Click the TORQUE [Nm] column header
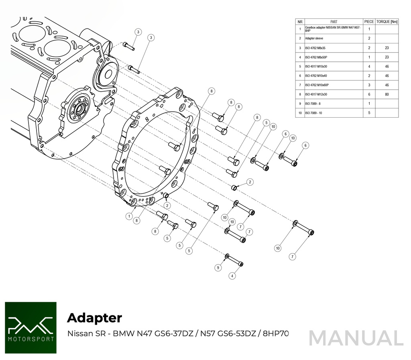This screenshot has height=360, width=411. click(387, 22)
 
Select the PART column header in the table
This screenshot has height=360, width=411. click(334, 22)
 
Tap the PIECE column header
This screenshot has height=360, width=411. click(369, 22)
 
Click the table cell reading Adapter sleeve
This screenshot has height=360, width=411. click(314, 38)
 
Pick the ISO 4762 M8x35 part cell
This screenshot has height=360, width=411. click(315, 48)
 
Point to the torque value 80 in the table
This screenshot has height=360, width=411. click(387, 94)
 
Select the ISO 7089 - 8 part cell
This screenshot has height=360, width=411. click(313, 104)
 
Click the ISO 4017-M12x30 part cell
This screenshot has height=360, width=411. click(317, 94)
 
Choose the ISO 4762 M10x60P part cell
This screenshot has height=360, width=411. click(317, 85)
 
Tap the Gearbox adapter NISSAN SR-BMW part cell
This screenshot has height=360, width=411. click(333, 29)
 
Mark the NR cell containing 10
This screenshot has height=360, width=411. click(300, 113)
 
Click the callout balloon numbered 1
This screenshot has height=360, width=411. click(129, 217)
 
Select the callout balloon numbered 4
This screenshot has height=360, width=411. click(232, 276)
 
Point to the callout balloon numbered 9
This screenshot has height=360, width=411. click(218, 268)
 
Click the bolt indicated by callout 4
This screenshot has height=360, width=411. click(235, 261)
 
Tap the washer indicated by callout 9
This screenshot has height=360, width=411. click(227, 256)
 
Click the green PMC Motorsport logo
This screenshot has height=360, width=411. click(31, 328)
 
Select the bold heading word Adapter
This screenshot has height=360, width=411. click(95, 318)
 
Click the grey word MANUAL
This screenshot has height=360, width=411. click(356, 338)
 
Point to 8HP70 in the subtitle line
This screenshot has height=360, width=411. click(276, 333)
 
